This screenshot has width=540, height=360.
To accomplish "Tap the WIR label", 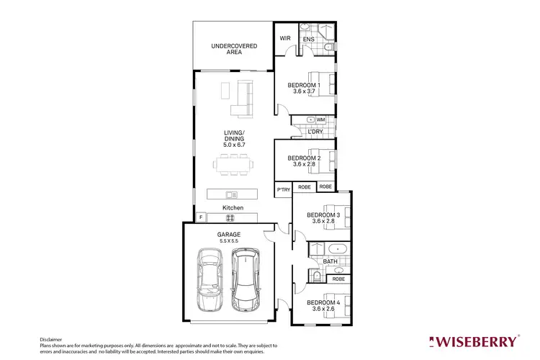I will [284, 39].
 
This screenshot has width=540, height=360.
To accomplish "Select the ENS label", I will [306, 39].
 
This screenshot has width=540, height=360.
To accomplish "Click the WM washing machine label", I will [320, 120].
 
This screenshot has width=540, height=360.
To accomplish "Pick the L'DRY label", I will [315, 132].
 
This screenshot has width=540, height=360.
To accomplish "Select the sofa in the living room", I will [243, 99].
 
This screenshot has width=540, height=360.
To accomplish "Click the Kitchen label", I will [233, 207].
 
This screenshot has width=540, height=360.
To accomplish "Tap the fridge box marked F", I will [201, 217].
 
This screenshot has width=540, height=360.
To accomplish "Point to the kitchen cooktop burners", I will [231, 217].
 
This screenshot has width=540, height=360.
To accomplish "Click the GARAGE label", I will [229, 235].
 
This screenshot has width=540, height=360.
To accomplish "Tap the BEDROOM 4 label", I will [323, 302].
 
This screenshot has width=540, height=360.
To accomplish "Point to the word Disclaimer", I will [52, 338].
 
